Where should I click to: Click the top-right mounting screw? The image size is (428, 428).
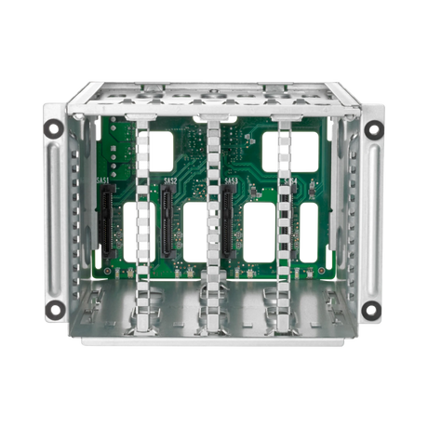(x=373, y=129)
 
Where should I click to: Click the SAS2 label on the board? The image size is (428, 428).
(x=170, y=180)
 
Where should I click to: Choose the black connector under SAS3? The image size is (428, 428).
(x=227, y=221)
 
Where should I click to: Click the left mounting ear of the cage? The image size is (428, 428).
(x=54, y=220)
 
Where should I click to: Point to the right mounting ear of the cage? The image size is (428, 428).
(x=372, y=220)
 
